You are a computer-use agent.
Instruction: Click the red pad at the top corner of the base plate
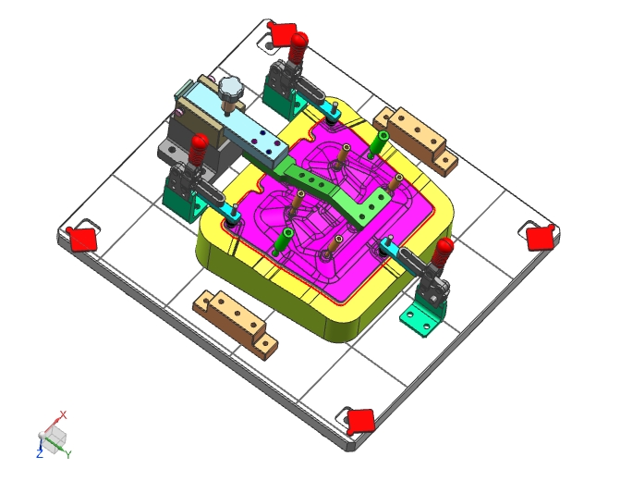click(281, 33)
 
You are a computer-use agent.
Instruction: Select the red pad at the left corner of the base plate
click(83, 239)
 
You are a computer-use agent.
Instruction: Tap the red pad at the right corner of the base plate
click(541, 238)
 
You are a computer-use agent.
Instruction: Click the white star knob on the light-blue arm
click(231, 87)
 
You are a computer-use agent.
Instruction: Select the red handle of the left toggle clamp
click(198, 150)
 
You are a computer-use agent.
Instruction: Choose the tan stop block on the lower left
click(235, 324)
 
